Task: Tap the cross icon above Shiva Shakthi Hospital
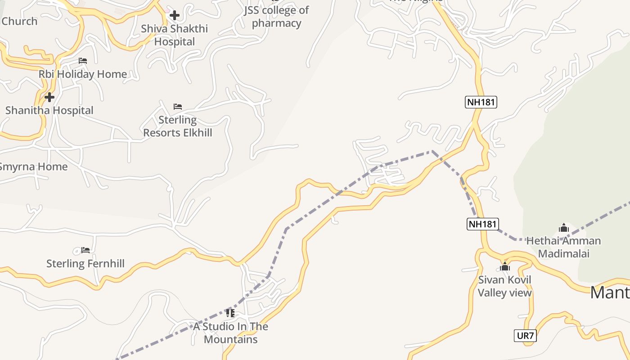(x=175, y=15)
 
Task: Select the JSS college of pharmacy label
(x=276, y=17)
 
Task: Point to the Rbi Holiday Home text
(x=83, y=74)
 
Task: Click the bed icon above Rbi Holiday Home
(x=83, y=61)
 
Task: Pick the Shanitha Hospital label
(x=49, y=110)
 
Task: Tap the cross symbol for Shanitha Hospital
(x=49, y=97)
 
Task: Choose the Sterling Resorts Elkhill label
(x=178, y=126)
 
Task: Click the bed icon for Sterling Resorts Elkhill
(x=178, y=107)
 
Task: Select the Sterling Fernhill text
(x=85, y=263)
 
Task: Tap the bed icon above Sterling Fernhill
(x=85, y=250)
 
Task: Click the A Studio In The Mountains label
(x=231, y=333)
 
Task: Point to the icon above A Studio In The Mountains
(x=230, y=313)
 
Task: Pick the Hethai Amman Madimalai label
(x=563, y=247)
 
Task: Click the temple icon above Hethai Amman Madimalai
(x=564, y=228)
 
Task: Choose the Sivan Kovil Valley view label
(x=504, y=286)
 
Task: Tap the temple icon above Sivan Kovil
(x=505, y=266)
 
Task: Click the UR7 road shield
(x=525, y=336)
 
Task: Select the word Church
(x=19, y=21)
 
